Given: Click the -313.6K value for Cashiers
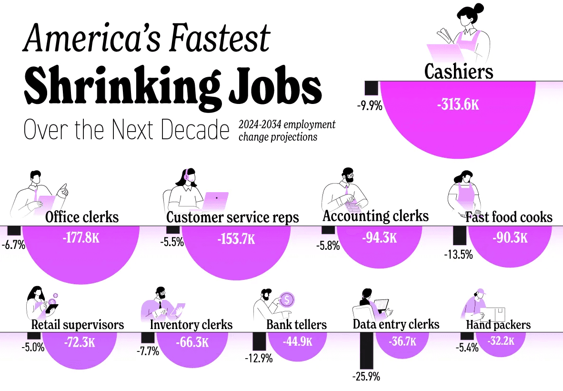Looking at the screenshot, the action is click(458, 104).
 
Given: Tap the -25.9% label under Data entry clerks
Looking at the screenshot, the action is click(366, 377).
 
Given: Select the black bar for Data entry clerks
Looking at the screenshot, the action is click(367, 350).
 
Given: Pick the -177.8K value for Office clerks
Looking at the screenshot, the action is click(81, 237).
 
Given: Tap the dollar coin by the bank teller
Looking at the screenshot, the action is click(287, 299).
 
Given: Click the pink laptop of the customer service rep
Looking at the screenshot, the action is click(215, 201).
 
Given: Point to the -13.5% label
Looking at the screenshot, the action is click(459, 255).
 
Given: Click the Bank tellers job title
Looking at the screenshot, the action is click(297, 325).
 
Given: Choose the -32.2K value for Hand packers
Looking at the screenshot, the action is click(501, 340).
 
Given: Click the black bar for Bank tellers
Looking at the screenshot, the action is click(259, 341).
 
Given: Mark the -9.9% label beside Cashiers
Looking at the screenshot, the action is click(370, 106).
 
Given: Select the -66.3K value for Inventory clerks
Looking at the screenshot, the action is click(192, 342).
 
